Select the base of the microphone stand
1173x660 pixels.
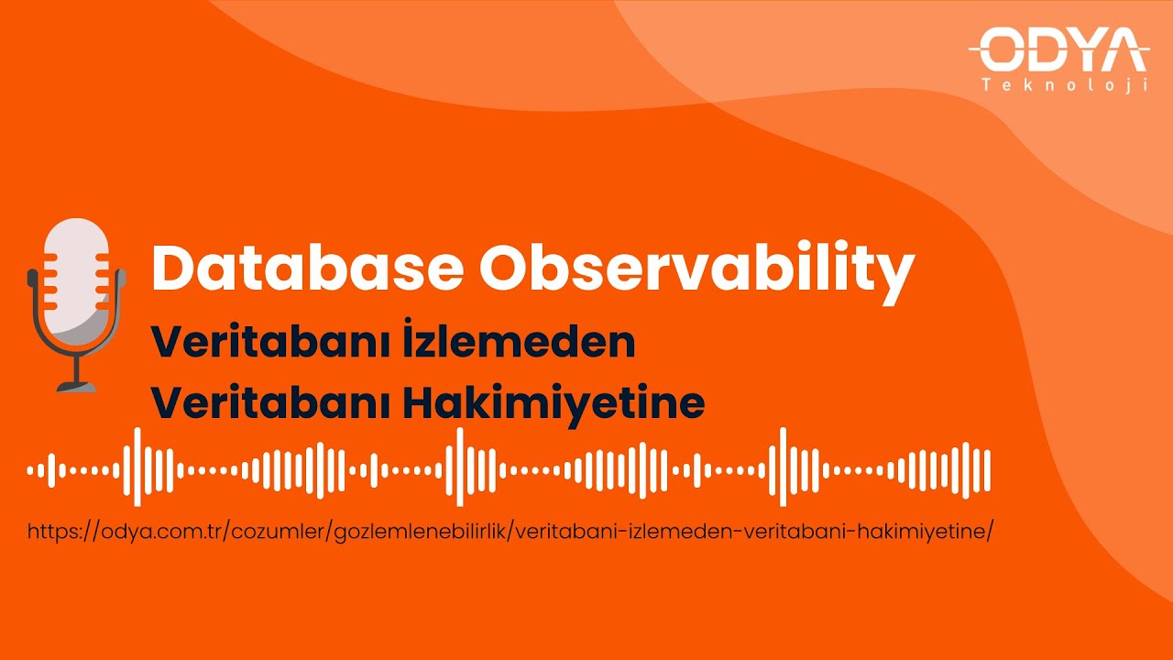[x=77, y=386]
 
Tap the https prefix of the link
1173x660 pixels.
[x=53, y=532]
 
